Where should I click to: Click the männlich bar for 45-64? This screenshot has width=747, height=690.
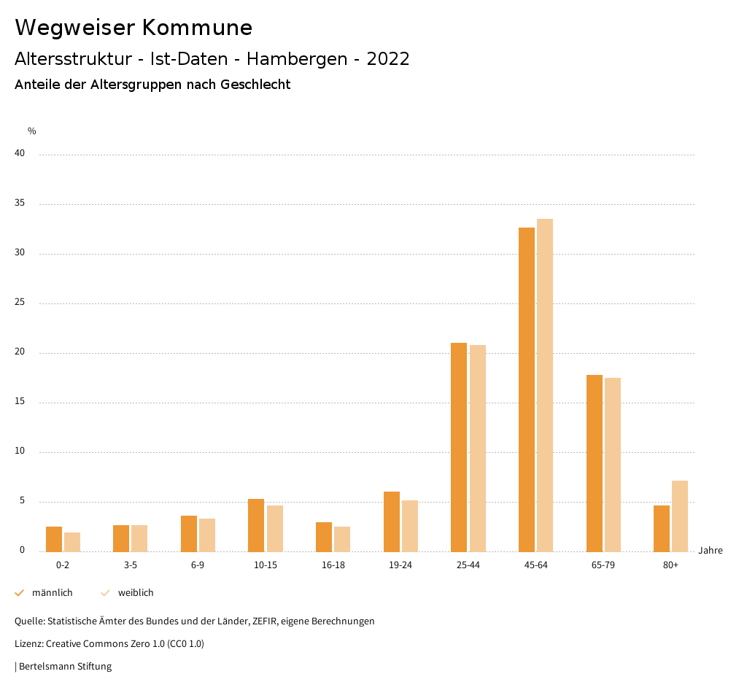click(x=527, y=389)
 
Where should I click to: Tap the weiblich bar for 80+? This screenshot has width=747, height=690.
click(x=680, y=516)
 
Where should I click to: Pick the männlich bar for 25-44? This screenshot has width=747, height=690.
click(x=459, y=447)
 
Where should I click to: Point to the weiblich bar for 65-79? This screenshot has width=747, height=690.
click(x=613, y=465)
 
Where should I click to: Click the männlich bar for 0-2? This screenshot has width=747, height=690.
click(x=54, y=539)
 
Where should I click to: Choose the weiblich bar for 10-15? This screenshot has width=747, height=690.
click(x=275, y=528)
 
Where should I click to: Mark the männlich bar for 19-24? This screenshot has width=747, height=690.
click(x=392, y=522)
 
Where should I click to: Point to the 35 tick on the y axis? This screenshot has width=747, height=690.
click(x=20, y=203)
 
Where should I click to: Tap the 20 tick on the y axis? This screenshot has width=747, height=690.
click(x=20, y=352)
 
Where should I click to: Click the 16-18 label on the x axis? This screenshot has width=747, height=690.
click(x=333, y=565)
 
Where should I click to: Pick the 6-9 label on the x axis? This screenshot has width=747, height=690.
click(x=198, y=565)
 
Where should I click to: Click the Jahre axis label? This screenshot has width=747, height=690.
click(x=711, y=551)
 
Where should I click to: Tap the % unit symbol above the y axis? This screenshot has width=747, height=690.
click(x=32, y=131)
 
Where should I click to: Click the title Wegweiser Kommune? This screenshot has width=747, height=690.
click(x=133, y=28)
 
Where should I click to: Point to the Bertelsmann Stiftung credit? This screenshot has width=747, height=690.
click(x=65, y=667)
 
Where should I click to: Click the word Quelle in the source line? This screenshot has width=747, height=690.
click(x=28, y=621)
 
